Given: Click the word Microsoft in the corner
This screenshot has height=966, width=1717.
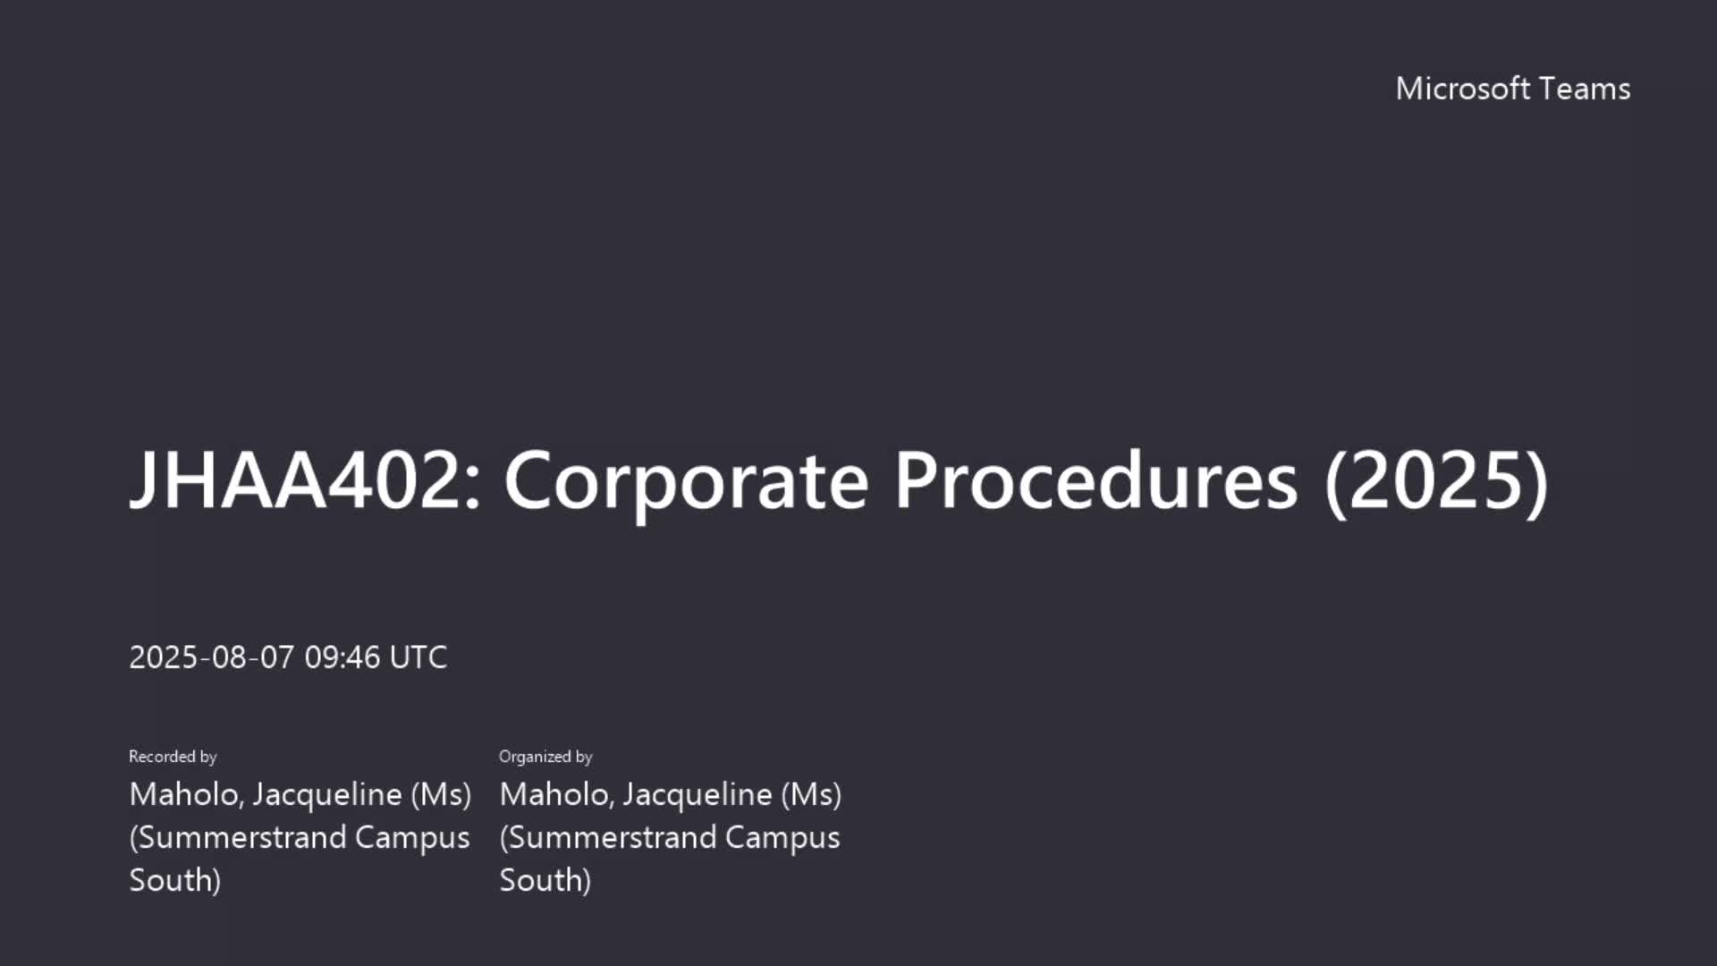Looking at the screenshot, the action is (1463, 89).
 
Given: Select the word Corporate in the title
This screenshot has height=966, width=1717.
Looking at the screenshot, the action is (687, 483).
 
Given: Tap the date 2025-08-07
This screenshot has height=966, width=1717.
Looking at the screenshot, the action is (211, 657).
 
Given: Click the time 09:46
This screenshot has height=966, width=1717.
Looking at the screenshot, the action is (343, 657).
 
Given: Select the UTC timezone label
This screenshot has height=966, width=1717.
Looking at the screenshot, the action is (419, 657).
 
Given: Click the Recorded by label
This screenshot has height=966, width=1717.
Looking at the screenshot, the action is (173, 757).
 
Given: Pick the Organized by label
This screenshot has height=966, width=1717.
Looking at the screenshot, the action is (546, 757).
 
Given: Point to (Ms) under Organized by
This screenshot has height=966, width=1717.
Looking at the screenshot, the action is (811, 795).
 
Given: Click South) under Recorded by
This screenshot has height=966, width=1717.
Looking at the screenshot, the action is (175, 881).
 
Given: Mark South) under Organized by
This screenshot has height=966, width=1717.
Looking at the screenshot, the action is (546, 881).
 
